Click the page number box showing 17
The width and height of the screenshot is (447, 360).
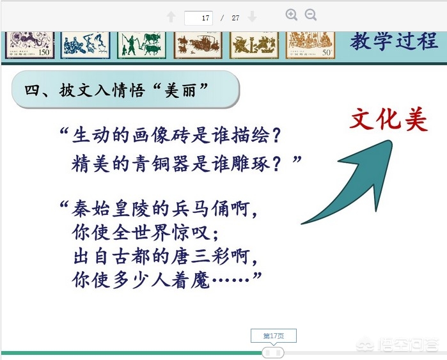[x=198, y=18]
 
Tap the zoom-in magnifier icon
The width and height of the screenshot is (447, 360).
[x=292, y=15]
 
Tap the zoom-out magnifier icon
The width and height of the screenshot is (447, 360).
[x=310, y=15]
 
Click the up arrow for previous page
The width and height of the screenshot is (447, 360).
[x=171, y=17]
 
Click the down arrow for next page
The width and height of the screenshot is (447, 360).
[x=252, y=17]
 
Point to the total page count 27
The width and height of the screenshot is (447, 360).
[x=235, y=18]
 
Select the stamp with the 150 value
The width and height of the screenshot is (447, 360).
[x=29, y=45]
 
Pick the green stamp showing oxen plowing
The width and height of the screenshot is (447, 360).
[x=142, y=45]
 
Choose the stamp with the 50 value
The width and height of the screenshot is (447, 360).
[x=310, y=45]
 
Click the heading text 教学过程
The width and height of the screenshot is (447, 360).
[x=394, y=42]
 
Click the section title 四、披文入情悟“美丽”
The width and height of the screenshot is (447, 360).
[x=116, y=90]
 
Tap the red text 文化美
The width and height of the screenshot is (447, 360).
[x=389, y=120]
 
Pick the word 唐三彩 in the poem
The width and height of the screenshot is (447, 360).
[x=201, y=256]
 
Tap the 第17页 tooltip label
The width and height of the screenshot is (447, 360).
[x=274, y=336]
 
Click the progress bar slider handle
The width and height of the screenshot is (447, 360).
[x=273, y=353]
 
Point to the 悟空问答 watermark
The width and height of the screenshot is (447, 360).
[x=398, y=345]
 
